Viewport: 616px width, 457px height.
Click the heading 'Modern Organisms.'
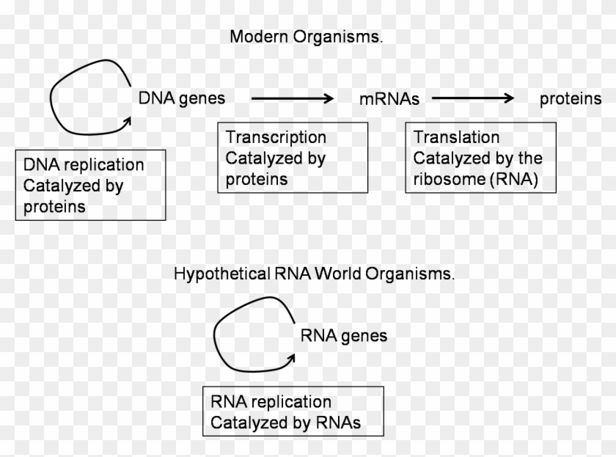306,37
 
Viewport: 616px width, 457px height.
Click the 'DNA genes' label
182,98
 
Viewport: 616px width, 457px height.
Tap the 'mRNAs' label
389,99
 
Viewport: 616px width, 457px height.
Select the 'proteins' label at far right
571,99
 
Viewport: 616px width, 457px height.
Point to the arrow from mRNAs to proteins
473,98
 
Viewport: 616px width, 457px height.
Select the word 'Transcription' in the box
276,137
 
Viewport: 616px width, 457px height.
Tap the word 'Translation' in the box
456,137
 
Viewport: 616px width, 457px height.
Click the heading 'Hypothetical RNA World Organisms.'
314,274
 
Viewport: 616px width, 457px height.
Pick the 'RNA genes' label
344,336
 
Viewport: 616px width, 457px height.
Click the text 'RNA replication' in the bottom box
271,402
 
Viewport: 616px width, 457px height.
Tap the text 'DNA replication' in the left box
84,165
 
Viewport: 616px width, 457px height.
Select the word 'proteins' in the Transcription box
256,179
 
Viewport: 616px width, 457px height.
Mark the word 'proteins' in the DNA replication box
54,207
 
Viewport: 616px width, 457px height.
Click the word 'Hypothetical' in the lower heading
212,274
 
